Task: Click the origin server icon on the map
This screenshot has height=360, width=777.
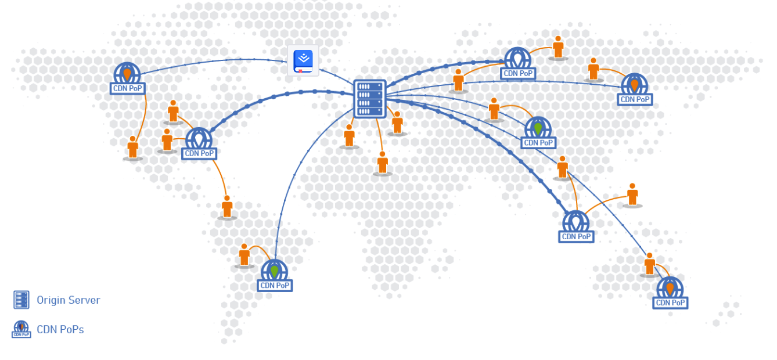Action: tap(369, 99)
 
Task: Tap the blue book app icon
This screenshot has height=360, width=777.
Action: tap(303, 60)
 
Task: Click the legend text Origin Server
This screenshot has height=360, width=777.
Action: tap(69, 300)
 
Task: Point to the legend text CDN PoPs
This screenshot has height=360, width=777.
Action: tap(60, 329)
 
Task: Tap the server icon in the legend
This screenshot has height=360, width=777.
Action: tap(21, 300)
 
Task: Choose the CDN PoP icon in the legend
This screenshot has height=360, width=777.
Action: tap(21, 329)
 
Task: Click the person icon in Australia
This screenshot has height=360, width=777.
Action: tap(649, 264)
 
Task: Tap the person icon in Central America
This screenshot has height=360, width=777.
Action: tap(227, 206)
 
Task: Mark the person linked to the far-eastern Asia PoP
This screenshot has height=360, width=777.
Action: tap(593, 69)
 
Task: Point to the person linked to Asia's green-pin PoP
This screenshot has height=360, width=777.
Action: tap(494, 109)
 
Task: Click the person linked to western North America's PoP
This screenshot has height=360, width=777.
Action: tap(133, 147)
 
